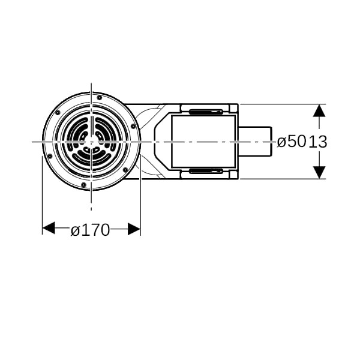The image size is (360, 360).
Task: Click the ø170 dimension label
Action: coord(90,230)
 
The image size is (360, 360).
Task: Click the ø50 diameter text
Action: coord(292,142)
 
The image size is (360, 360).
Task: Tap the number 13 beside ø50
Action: coord(317,142)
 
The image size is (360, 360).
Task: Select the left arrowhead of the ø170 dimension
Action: coord(49,229)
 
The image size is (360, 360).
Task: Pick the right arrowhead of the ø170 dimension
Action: coord(134,229)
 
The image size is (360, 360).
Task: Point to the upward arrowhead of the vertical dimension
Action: coord(319,110)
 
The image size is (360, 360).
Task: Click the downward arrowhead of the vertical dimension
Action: coord(319,172)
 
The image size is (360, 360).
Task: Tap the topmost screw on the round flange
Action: coord(100,98)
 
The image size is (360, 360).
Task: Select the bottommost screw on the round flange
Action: coord(84,184)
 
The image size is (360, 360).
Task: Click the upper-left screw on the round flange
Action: coord(58,112)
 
